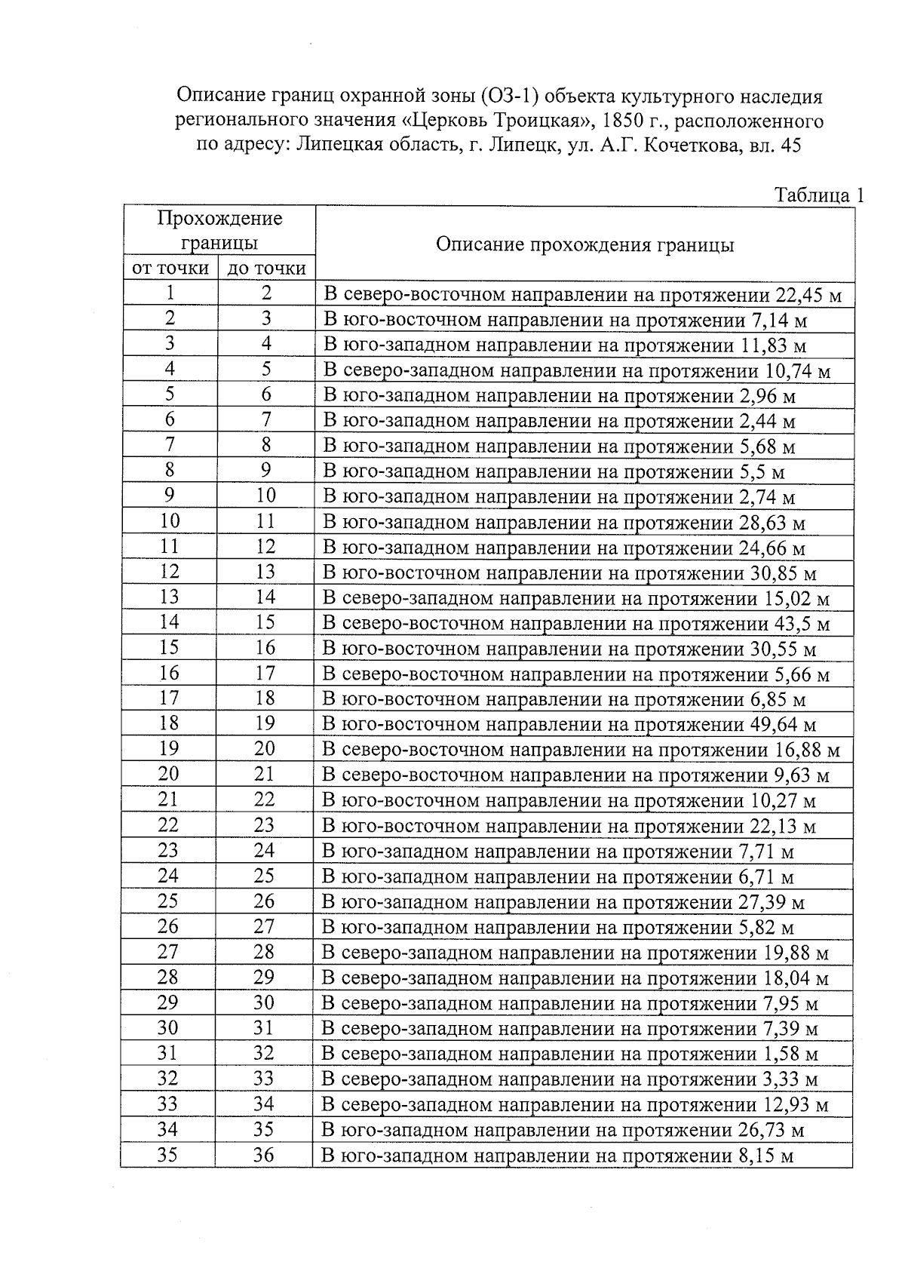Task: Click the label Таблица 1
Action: click(819, 196)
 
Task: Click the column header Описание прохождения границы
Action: click(584, 244)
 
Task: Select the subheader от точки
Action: click(170, 269)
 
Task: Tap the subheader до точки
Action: click(266, 269)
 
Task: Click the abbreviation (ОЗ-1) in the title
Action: click(510, 97)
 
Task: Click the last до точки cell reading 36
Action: click(263, 1155)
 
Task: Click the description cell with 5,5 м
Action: click(554, 472)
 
